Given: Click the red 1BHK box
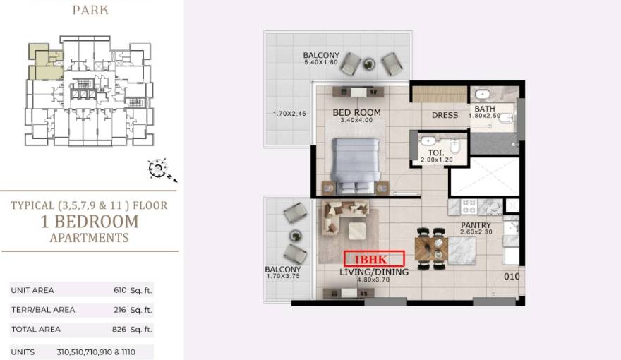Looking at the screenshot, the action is (374, 259).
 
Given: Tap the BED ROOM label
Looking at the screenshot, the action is (357, 112).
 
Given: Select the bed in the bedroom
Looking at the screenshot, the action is (355, 166).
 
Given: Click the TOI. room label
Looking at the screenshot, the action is (436, 153).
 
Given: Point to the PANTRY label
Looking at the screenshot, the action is (476, 225).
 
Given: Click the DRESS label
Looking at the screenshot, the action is (445, 115).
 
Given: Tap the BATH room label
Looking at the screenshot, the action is (485, 109).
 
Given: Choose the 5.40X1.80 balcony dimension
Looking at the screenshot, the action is (321, 62).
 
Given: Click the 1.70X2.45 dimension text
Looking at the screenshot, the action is (289, 114).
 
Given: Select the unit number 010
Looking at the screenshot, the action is (512, 277).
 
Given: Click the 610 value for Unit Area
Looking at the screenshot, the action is (120, 290).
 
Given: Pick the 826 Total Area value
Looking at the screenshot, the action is (119, 329).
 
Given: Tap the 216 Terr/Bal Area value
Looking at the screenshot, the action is (119, 310).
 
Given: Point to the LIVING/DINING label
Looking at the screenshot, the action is (374, 272).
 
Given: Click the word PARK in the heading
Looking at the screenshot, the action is (91, 10).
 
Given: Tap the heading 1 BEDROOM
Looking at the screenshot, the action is (90, 222).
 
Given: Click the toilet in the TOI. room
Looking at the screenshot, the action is (455, 146).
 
